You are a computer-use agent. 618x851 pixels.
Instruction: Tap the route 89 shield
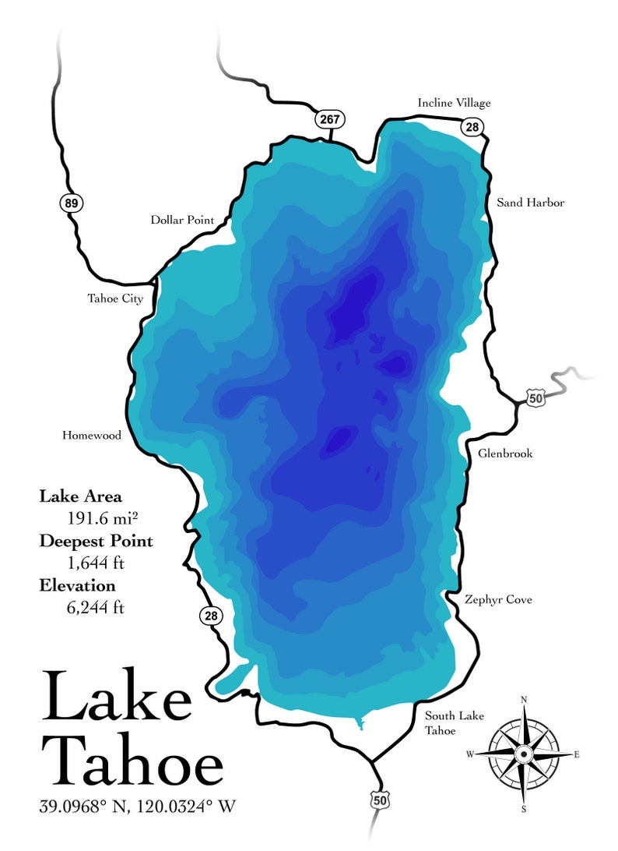71,203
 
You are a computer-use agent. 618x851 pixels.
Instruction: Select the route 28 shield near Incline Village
472,127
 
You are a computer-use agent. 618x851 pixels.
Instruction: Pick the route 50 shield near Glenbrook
535,398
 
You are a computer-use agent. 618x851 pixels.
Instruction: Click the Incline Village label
454,103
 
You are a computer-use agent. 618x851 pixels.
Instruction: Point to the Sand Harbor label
530,203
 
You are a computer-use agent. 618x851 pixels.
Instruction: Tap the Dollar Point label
182,221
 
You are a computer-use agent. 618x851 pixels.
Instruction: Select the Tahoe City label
115,298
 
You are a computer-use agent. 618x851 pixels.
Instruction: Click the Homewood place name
92,436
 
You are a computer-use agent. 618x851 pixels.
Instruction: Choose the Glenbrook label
505,453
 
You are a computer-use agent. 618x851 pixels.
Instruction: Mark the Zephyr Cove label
498,599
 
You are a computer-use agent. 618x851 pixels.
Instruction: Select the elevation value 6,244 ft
96,606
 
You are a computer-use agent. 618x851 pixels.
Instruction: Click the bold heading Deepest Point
96,541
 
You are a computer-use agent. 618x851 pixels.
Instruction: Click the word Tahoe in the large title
132,759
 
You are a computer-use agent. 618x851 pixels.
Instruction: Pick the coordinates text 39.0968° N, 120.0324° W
137,807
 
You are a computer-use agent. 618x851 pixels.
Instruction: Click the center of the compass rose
524,754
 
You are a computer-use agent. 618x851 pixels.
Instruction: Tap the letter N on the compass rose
524,700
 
